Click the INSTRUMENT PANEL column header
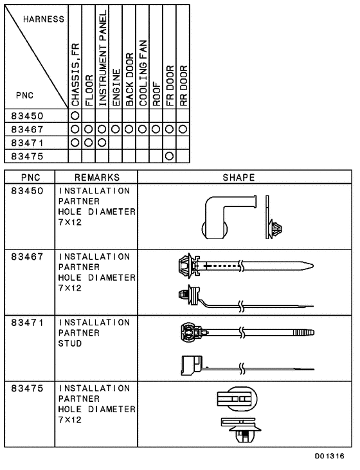[103, 58]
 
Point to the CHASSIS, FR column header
[75, 75]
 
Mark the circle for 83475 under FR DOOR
[170, 155]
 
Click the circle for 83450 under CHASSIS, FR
[75, 116]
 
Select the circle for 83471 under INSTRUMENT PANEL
[103, 142]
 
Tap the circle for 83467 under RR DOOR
[183, 129]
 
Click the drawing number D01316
[329, 456]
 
